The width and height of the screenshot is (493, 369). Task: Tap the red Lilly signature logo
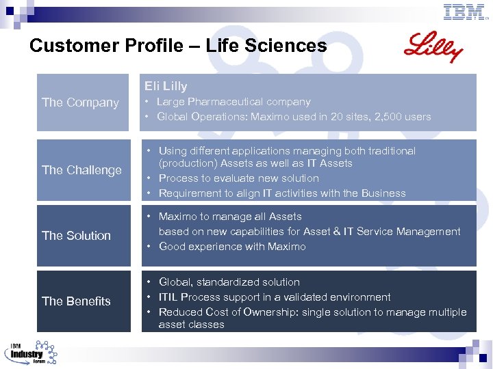(433, 47)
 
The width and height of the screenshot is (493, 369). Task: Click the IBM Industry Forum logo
(31, 352)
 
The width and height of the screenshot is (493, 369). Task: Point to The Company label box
(82, 102)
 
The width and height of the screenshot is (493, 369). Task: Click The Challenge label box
(82, 170)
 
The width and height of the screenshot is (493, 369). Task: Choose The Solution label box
(82, 236)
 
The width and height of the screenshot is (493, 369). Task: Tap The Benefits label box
(82, 301)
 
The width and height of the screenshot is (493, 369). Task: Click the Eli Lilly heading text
(166, 86)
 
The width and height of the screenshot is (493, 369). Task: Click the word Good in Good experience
(172, 247)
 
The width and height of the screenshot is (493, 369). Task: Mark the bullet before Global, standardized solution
(148, 282)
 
